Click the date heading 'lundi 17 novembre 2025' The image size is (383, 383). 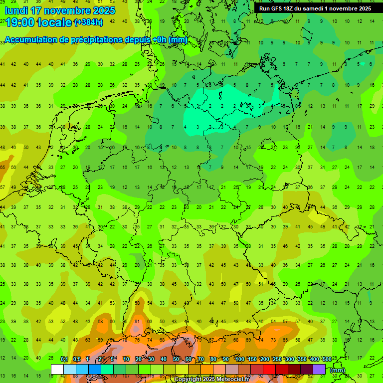60,10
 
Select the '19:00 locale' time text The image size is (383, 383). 38,22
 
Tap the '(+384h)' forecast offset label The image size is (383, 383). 89,22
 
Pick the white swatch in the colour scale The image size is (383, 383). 57,369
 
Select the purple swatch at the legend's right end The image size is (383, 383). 319,369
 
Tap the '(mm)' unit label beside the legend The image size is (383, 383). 338,370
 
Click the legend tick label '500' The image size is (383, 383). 327,360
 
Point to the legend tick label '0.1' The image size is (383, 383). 64,360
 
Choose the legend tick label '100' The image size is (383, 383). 239,360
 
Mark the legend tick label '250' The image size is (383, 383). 277,360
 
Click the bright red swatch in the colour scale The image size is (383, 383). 269,369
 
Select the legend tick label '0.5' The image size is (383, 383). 77,360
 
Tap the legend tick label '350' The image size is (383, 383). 302,360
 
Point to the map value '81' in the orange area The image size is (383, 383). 137,322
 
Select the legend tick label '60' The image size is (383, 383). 189,360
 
